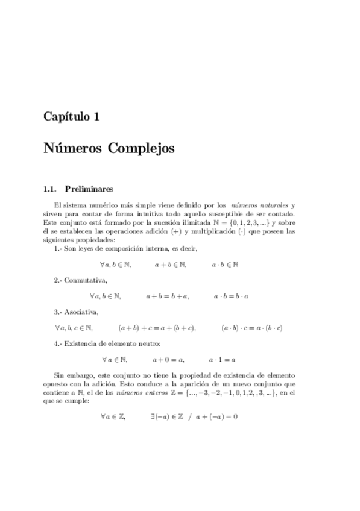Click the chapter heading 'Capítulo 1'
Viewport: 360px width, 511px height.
click(x=71, y=118)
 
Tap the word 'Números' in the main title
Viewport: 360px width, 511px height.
click(x=72, y=148)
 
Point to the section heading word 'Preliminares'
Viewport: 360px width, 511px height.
click(x=86, y=189)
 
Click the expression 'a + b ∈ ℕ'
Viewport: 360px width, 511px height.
click(x=170, y=263)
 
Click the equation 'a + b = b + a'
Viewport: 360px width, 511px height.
click(x=168, y=296)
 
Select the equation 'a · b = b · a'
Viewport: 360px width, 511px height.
click(x=232, y=296)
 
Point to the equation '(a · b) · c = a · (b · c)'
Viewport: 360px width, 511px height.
click(x=253, y=328)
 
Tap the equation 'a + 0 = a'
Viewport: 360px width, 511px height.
click(x=168, y=360)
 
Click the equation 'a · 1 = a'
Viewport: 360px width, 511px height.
click(x=222, y=360)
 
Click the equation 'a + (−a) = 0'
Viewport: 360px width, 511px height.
click(x=212, y=416)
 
